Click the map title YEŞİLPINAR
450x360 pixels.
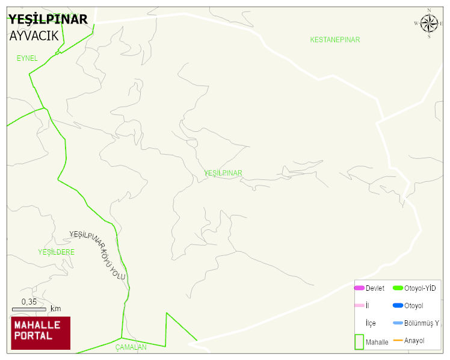48,19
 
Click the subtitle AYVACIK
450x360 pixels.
34,36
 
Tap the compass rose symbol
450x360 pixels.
429,23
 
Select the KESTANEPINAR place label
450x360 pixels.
334,40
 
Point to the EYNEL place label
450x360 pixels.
27,58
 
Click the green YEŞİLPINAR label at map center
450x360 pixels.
223,173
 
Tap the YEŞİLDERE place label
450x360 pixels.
56,252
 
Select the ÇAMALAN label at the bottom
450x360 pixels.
131,347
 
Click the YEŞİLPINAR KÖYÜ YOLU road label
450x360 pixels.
97,255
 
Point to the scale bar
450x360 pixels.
29,309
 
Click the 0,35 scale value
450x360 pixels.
29,302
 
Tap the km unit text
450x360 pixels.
55,309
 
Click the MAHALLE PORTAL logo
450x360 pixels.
40,333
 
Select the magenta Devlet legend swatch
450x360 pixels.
359,288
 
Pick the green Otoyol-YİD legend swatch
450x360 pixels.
398,288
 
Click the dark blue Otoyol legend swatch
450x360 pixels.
398,306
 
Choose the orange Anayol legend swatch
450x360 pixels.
398,341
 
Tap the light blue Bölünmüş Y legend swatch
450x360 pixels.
398,323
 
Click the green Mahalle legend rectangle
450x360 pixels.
359,341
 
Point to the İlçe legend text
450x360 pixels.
371,323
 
